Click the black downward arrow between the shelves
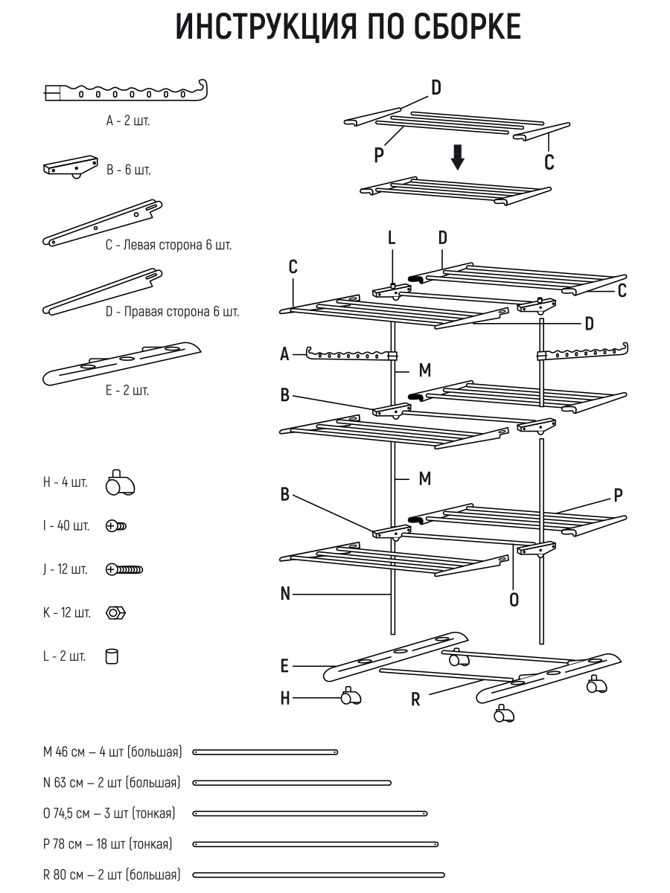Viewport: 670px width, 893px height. (x=458, y=157)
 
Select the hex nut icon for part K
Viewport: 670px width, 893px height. (x=116, y=613)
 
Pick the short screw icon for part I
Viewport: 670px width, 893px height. (x=117, y=526)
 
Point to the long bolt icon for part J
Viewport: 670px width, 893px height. (x=125, y=570)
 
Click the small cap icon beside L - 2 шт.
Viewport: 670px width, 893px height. (x=112, y=656)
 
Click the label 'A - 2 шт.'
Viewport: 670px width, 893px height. (x=128, y=121)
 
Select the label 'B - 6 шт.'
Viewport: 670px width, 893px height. (x=129, y=170)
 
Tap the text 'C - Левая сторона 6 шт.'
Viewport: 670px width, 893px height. (x=168, y=245)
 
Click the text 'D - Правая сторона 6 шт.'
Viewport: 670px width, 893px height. (x=172, y=312)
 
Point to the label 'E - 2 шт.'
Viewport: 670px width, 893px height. (x=127, y=391)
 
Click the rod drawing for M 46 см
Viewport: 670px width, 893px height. (x=265, y=752)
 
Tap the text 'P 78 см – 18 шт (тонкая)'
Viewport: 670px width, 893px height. (x=108, y=844)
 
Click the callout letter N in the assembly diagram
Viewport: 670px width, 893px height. (x=285, y=594)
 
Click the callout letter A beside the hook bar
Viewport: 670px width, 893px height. (x=284, y=355)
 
